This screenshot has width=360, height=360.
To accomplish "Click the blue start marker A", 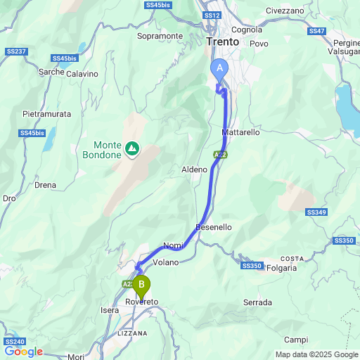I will [x=220, y=69].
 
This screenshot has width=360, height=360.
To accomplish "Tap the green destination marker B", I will [x=141, y=285].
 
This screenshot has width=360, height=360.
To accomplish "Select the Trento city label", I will [x=224, y=42].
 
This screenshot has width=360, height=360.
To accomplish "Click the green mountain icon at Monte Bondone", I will [x=131, y=148].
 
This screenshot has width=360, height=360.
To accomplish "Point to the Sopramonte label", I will [x=160, y=36].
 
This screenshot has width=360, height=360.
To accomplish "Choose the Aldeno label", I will [x=195, y=169].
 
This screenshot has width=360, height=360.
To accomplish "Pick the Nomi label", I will [x=172, y=245].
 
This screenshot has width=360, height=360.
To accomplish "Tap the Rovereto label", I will [x=143, y=302].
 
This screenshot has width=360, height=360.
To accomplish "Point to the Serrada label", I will [x=257, y=302].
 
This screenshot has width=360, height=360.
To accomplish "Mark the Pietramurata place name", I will [x=44, y=112].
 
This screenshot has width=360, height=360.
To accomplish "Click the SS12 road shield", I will [x=212, y=15].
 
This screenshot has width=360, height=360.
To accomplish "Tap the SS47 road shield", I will [x=316, y=31].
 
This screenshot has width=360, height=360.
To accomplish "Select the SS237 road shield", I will [x=15, y=51].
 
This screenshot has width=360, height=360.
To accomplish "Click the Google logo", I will [x=23, y=352].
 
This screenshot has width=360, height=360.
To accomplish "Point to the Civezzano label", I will [x=285, y=11].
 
